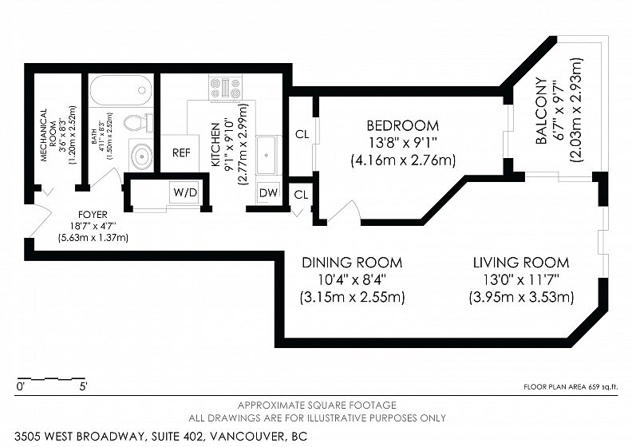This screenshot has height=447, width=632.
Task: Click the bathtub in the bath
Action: coord(120,90)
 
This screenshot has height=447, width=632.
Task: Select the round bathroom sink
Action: coord(141,155)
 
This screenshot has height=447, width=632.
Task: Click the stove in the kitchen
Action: coord(225,89)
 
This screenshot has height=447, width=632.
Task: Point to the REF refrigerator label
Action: coord(181,153)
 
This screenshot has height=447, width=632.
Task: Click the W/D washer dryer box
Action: coord(185,192)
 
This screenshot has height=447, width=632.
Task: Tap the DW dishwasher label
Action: coord(268,192)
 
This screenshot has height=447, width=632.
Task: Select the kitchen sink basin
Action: coord(267,155)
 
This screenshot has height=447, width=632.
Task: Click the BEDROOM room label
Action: coord(403,126)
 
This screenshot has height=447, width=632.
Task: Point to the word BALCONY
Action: coord(541,111)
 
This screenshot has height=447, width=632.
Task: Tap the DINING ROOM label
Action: coord(352,263)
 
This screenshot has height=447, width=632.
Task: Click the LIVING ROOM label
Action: coord(521,263)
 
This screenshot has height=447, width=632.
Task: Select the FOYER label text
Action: coord(93,215)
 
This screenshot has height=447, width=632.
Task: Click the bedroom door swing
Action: coord(345,211)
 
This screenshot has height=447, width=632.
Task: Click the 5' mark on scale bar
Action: coord(83,387)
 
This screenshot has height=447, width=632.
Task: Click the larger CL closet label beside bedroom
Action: coord(302,134)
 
